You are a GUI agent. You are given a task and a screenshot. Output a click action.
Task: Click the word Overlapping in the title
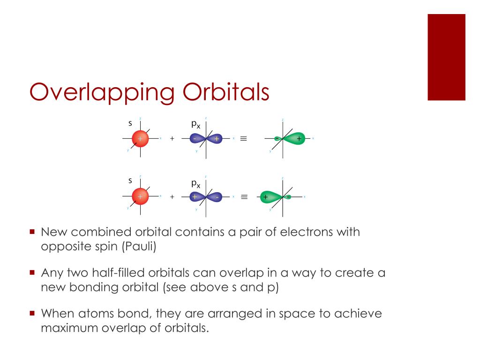click(103, 92)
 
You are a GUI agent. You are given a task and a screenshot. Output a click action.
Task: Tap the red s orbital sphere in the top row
click(140, 138)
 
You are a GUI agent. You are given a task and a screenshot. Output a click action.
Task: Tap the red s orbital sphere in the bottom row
click(140, 197)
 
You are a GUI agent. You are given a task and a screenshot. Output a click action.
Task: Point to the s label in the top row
click(130, 124)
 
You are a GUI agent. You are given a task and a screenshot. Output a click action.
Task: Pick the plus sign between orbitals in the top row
click(172, 139)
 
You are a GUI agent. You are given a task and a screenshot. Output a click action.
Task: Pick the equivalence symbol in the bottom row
click(244, 197)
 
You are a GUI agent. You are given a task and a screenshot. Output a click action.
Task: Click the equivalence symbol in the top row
click(243, 139)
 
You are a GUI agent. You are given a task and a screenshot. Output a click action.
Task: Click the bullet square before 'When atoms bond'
click(32, 313)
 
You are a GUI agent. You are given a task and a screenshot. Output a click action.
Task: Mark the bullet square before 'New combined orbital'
click(32, 232)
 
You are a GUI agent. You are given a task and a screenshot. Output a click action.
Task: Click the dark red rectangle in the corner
click(446, 57)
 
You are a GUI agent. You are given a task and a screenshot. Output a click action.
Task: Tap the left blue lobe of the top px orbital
click(196, 139)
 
